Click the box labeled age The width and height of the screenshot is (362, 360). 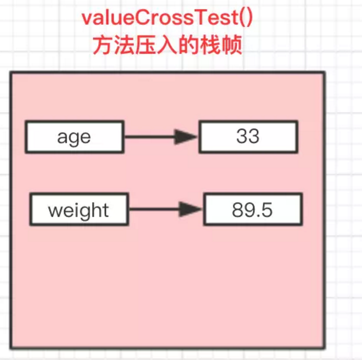74,136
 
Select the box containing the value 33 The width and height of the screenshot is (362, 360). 248,136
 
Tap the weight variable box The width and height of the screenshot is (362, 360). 78,210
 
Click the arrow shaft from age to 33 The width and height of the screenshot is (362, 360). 149,137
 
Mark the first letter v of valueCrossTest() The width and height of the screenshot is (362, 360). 88,19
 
